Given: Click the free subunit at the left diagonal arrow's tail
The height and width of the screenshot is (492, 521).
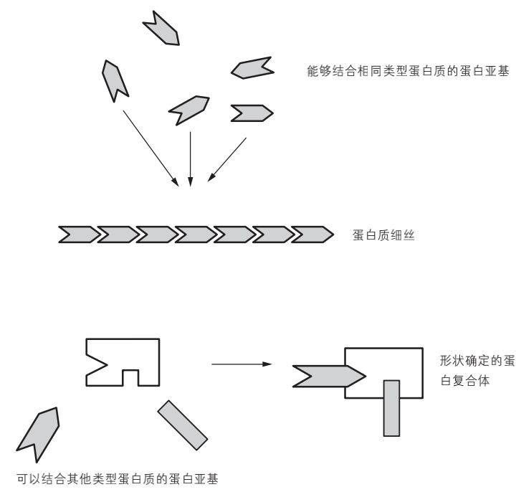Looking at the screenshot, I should [115, 80].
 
